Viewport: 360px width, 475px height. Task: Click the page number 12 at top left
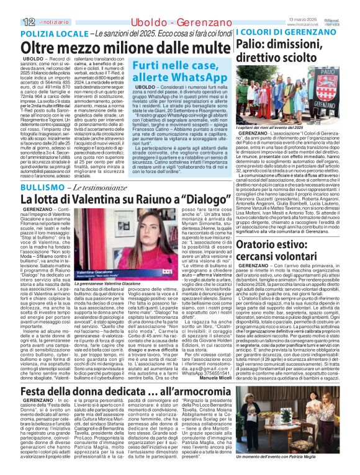11,6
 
